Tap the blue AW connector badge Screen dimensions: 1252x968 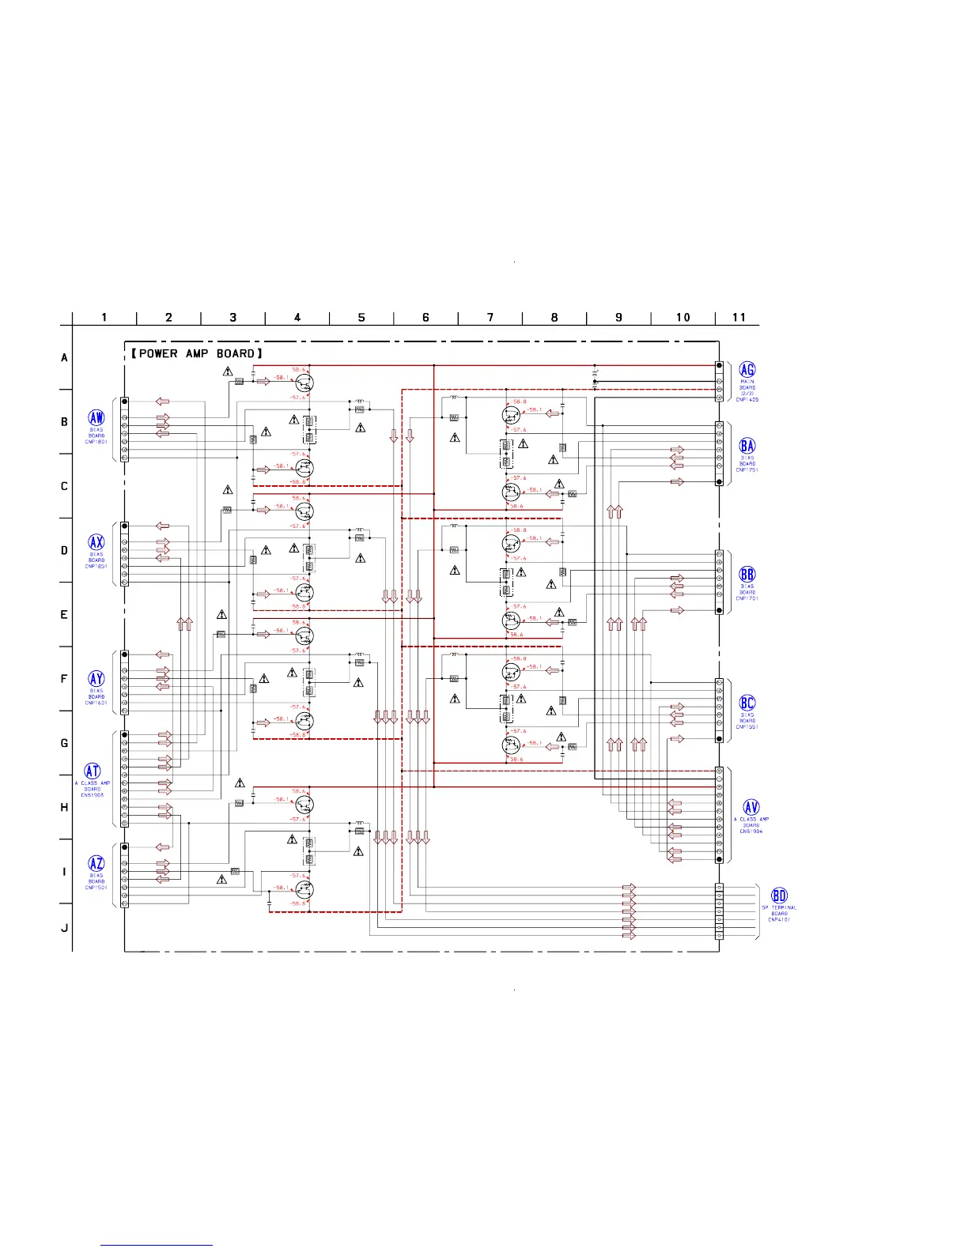click(96, 418)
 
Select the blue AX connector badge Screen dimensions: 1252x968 click(96, 542)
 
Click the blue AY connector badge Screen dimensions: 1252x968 click(96, 678)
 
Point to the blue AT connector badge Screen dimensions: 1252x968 click(93, 771)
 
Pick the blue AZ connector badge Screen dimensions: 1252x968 click(96, 863)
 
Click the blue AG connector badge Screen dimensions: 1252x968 click(747, 369)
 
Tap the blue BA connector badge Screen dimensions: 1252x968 click(747, 446)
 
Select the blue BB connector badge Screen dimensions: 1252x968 click(747, 575)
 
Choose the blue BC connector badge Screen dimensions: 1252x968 click(747, 703)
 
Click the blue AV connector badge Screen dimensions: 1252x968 click(751, 807)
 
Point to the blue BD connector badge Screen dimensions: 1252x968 click(780, 896)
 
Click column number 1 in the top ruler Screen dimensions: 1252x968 click(104, 317)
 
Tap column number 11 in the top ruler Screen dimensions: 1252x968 click(739, 317)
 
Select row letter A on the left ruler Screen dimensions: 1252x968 click(65, 358)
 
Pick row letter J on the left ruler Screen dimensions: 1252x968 click(65, 928)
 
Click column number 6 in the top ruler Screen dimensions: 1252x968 click(425, 317)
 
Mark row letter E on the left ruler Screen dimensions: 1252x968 click(65, 615)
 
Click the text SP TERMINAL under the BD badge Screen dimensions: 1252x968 click(780, 907)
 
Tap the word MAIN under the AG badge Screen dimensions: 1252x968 click(747, 382)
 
